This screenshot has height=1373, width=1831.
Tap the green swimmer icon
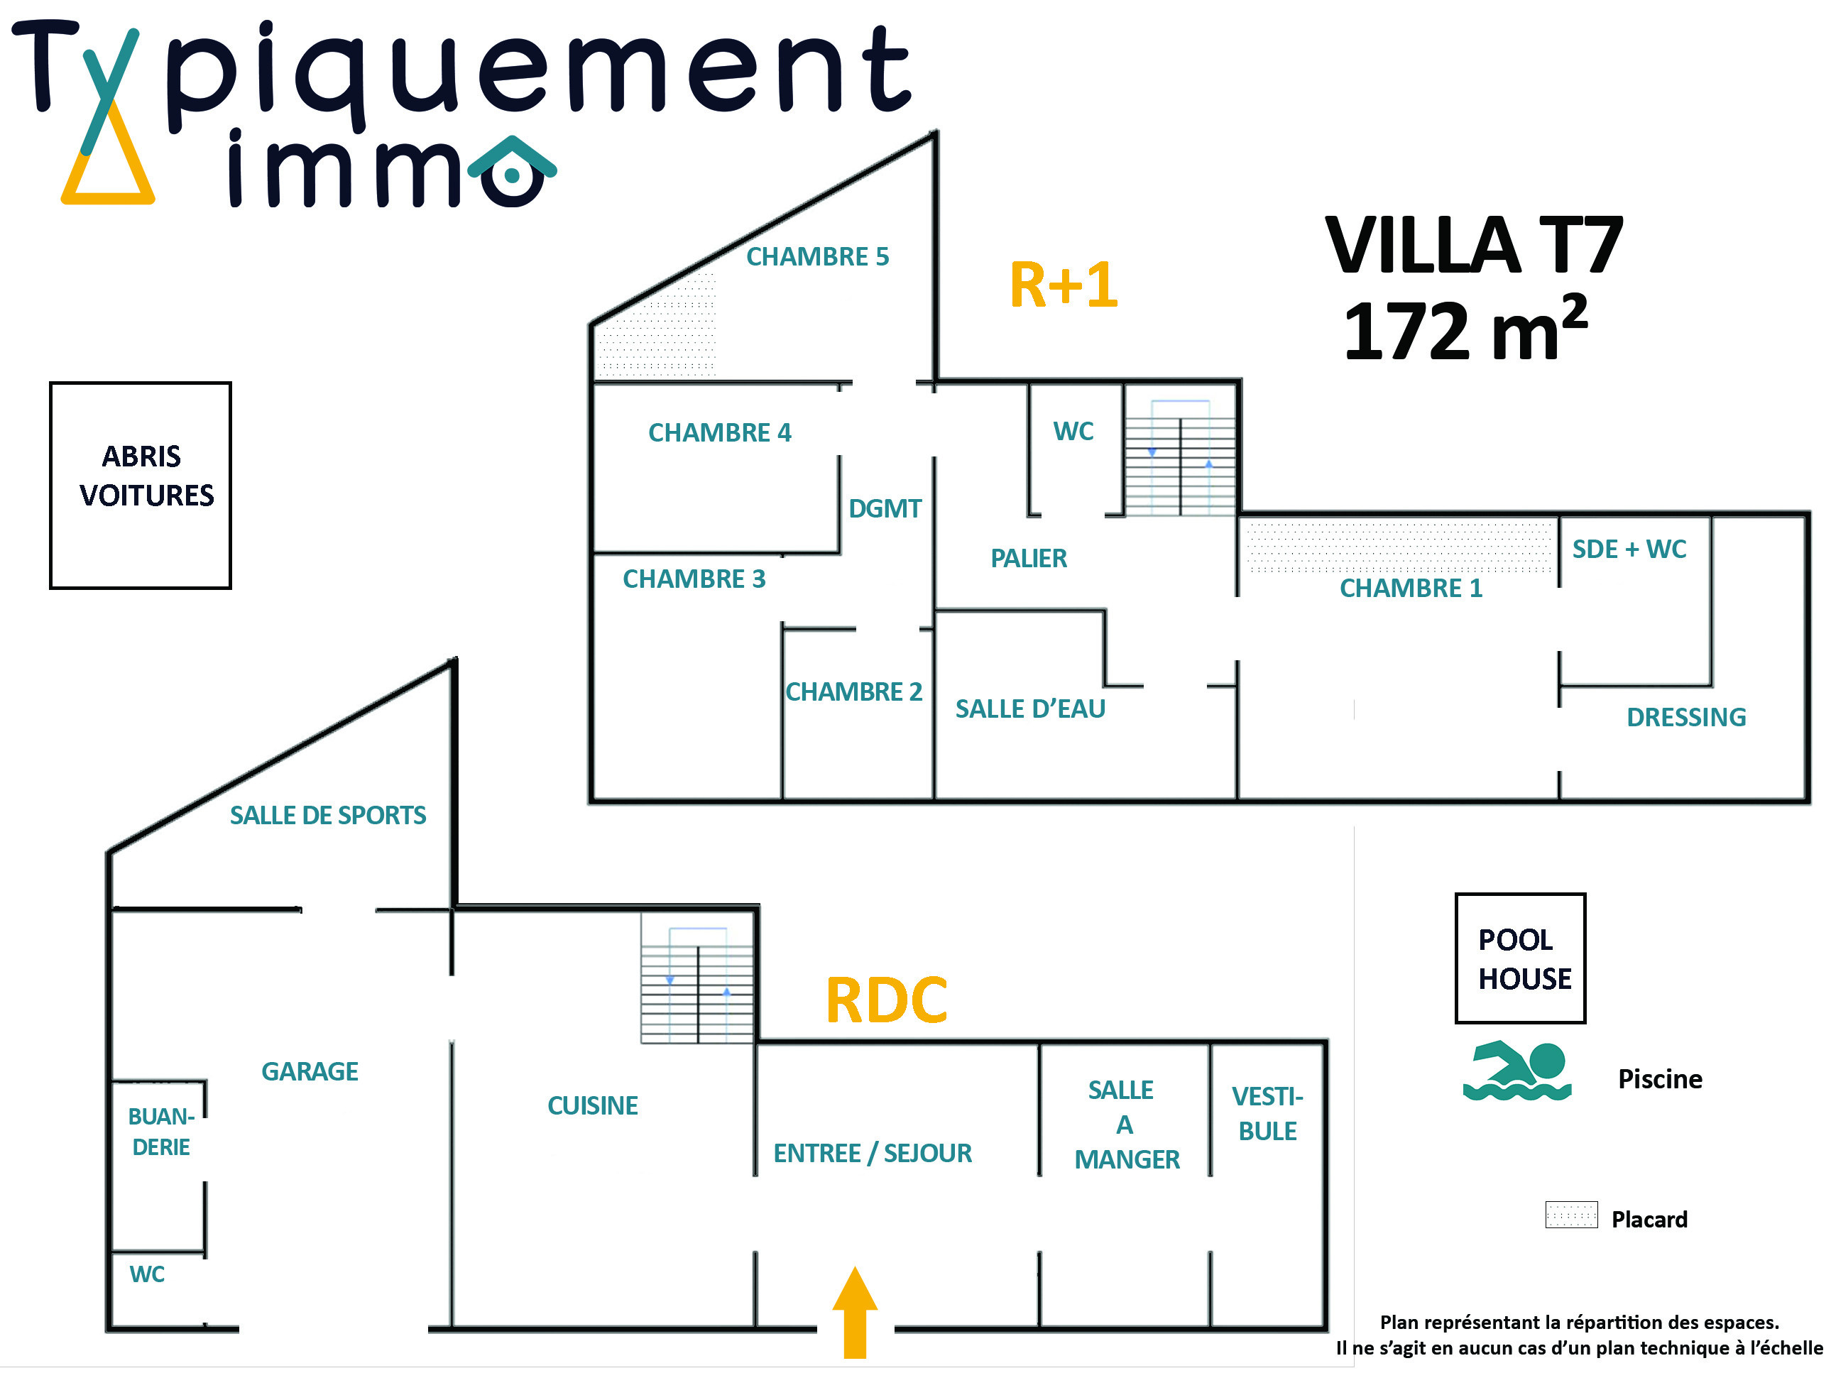pos(1516,1070)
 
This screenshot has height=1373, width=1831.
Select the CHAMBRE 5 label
pos(817,256)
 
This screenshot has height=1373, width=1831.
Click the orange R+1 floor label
pos(1064,285)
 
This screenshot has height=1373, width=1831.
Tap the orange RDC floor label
pos(887,1000)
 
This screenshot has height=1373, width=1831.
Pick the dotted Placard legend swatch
pos(1571,1214)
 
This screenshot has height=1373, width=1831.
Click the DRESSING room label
pos(1686,717)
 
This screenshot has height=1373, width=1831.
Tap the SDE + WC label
pos(1629,549)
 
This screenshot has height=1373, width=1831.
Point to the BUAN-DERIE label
pos(161,1132)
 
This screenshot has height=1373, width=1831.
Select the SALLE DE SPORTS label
pos(328,815)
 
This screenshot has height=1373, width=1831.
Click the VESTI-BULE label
pos(1267,1113)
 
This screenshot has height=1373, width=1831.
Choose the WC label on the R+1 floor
pos(1073,431)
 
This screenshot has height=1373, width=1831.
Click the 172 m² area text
pos(1465,329)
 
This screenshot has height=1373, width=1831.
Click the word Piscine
pos(1660,1078)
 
